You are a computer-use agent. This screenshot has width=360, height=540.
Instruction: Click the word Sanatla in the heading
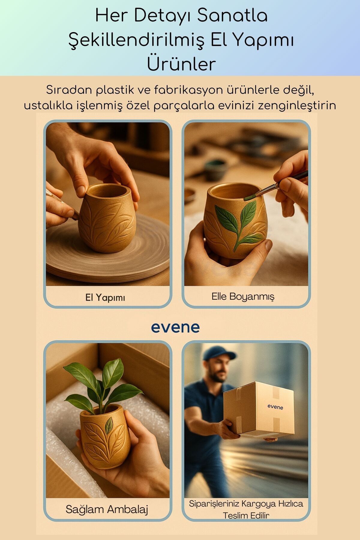[x=232, y=16]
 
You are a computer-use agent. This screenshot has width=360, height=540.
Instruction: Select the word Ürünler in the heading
[x=181, y=63]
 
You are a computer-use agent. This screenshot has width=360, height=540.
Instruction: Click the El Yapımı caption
[x=105, y=298]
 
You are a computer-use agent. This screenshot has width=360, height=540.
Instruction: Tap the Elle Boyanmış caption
[x=243, y=296]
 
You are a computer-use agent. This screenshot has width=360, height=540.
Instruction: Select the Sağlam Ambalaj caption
[x=107, y=509]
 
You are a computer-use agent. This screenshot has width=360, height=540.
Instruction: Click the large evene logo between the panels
[x=175, y=327]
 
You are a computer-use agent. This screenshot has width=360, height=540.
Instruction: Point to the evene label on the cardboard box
[x=275, y=407]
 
